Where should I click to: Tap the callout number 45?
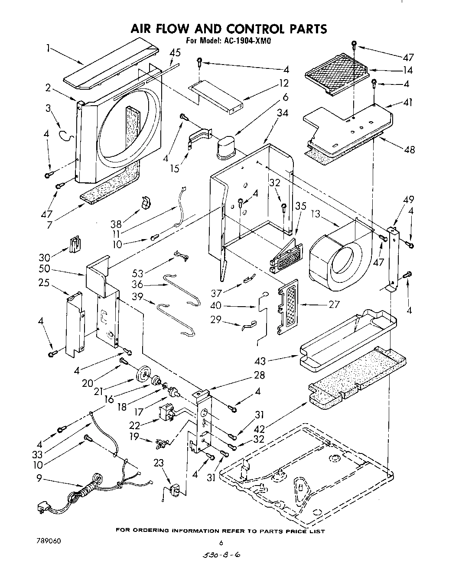pos(175,53)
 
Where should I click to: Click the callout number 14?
pos(407,70)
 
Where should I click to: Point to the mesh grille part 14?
pos(335,72)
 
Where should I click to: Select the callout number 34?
pos(282,113)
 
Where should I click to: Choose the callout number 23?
pos(159,463)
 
